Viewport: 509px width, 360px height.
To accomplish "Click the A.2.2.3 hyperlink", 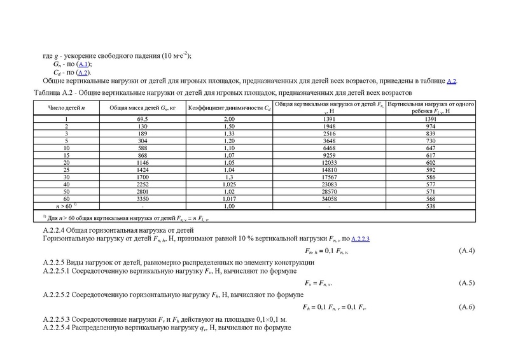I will [x=365, y=237].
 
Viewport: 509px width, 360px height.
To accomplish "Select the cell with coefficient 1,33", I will [x=229, y=134].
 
